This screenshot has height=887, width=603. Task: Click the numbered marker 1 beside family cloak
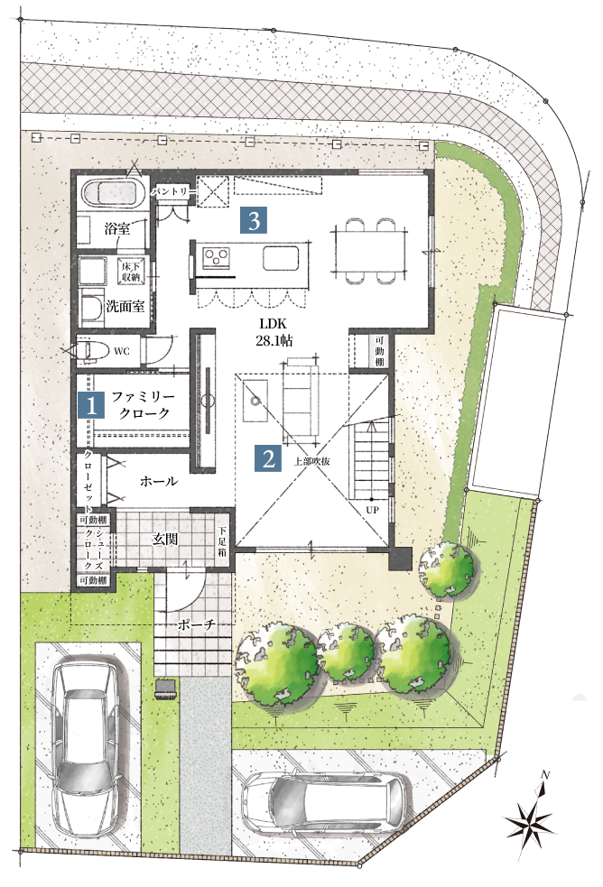pos(91,405)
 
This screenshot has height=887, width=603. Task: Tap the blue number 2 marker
pos(269,458)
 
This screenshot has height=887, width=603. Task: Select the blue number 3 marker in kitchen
pos(254,220)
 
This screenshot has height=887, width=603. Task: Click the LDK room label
pos(274,324)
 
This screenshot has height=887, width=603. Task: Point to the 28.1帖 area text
pos(274,340)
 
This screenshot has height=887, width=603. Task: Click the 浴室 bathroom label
pos(117,228)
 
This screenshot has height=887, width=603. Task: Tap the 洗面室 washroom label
pos(125,307)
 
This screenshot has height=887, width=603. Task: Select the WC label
pos(122,351)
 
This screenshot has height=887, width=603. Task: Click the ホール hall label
pos(158,482)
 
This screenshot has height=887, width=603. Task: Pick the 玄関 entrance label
pos(165,539)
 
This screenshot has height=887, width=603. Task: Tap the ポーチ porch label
pos(196,624)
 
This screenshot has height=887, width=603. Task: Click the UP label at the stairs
pos(372,510)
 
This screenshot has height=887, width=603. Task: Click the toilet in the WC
pos(93,351)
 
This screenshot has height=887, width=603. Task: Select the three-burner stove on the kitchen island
pos(216,257)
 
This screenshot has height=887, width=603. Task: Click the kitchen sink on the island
pos(281,259)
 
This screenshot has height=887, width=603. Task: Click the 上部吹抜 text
pos(312,461)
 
